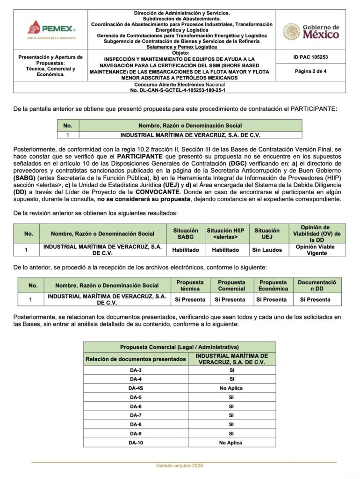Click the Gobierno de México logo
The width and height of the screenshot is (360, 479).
[x=310, y=31]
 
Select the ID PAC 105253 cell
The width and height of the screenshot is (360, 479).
[x=310, y=57]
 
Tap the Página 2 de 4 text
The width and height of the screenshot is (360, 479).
[x=310, y=72]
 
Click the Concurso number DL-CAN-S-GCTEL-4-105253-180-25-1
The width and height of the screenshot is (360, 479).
[x=179, y=89]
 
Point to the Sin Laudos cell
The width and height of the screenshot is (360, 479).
[x=267, y=250]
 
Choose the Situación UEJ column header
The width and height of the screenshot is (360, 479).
[x=267, y=233]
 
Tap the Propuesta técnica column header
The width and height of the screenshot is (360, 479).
[x=190, y=285]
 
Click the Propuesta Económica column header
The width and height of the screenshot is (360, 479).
[x=273, y=285]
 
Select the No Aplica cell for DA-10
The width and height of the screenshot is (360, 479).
[x=231, y=442]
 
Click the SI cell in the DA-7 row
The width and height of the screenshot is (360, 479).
[x=231, y=415]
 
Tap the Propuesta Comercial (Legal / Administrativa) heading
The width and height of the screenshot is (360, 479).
[x=180, y=347]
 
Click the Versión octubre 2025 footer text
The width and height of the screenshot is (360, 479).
[x=180, y=466]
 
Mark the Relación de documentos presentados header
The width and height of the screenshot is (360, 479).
[x=136, y=359]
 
